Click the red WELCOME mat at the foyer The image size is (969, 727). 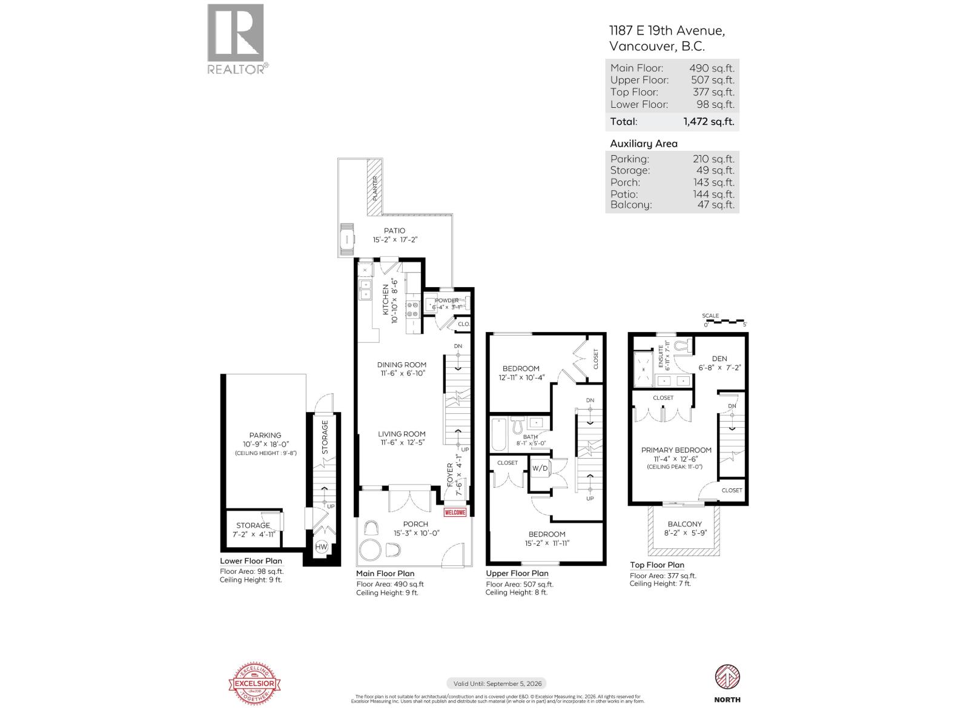(455, 513)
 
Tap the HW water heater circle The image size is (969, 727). (321, 547)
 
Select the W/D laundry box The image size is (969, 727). (540, 468)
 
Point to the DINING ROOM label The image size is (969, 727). (402, 365)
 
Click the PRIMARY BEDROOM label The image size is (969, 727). (676, 450)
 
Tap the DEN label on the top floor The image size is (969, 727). (719, 359)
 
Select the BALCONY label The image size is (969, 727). (684, 524)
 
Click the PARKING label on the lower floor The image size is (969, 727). (265, 435)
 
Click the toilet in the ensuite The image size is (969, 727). (684, 346)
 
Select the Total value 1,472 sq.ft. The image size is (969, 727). (708, 121)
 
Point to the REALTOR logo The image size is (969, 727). (237, 39)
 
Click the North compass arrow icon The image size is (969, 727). (727, 677)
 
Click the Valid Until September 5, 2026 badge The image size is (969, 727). (496, 683)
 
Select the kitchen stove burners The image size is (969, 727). (413, 310)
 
